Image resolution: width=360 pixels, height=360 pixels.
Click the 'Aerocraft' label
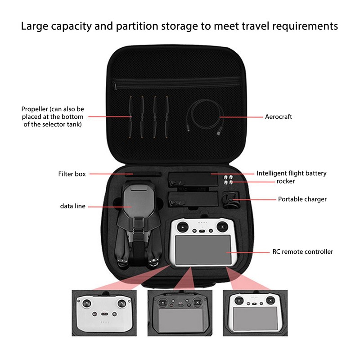click(x=278, y=117)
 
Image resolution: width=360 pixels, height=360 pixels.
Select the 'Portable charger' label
click(x=302, y=199)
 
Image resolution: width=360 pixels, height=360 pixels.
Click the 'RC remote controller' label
click(x=303, y=252)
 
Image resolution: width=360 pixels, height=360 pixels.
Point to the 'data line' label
click(x=72, y=206)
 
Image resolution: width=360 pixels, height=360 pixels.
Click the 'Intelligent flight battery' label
click(x=291, y=173)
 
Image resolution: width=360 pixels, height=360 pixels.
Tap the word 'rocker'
click(x=286, y=181)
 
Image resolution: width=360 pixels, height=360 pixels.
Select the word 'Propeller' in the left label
click(x=35, y=109)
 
